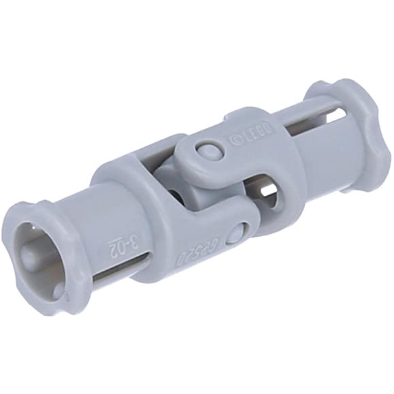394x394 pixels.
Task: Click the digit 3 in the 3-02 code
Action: coord(134,239)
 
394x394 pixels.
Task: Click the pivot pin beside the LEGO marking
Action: coord(209,149)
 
